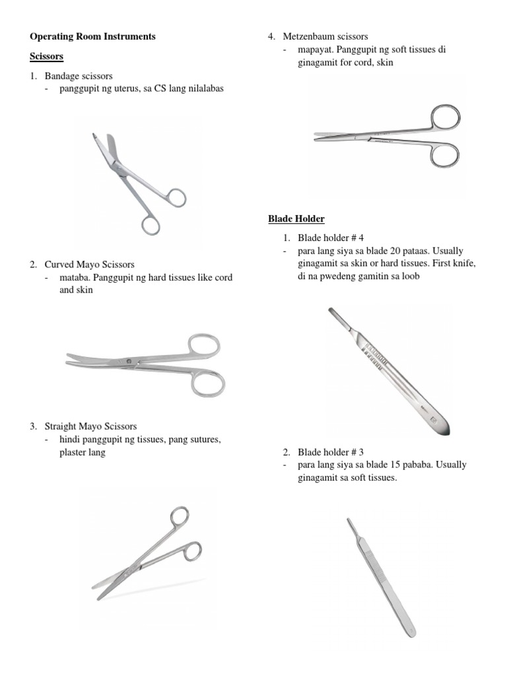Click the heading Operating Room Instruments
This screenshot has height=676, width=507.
click(x=92, y=37)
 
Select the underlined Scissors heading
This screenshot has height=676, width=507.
click(x=47, y=57)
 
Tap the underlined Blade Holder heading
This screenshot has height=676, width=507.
click(x=296, y=219)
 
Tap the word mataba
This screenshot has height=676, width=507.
click(x=75, y=278)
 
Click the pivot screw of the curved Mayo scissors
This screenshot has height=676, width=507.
click(x=128, y=361)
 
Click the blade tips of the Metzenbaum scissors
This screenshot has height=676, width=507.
click(x=318, y=137)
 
